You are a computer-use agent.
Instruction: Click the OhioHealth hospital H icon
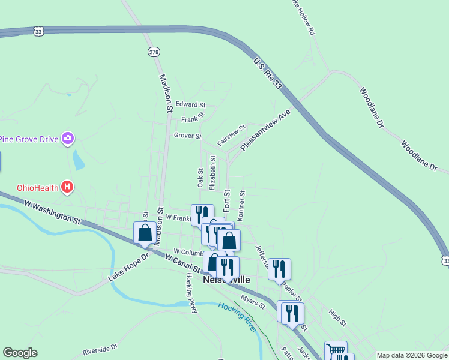68,188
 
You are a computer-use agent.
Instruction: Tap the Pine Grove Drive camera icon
68,139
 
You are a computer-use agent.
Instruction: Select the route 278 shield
154,52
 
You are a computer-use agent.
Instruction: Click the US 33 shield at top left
39,31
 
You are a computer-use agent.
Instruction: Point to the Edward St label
190,104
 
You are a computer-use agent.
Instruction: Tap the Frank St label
193,118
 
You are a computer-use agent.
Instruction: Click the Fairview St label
232,136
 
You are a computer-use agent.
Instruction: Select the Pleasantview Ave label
265,130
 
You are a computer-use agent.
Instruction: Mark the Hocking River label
237,317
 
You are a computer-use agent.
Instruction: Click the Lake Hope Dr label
128,268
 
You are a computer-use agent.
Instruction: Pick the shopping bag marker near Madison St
145,232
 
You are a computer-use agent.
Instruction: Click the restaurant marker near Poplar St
279,268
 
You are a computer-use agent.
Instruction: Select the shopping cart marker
336,350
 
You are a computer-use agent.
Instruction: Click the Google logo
20,353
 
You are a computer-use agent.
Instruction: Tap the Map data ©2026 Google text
411,355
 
